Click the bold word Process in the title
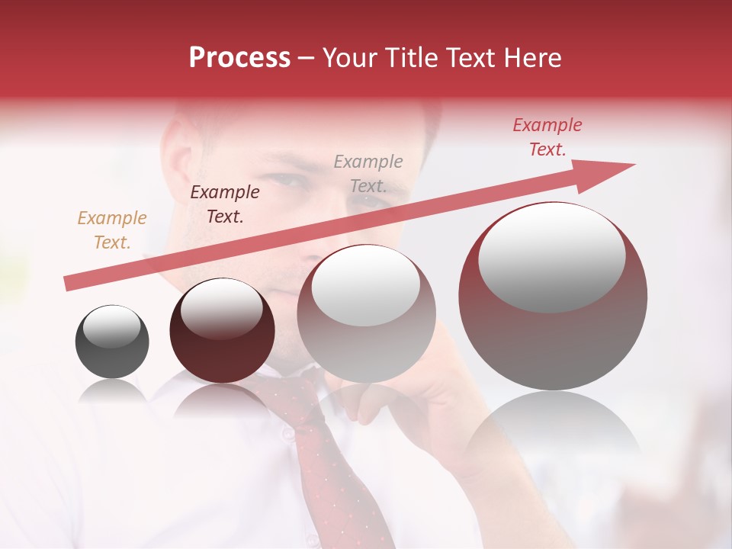point(239,58)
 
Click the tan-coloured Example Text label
point(112,230)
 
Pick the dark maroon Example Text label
point(225,204)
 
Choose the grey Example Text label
point(368,174)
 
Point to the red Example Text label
point(547,137)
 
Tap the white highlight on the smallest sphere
point(111,326)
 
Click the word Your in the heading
point(351,58)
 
